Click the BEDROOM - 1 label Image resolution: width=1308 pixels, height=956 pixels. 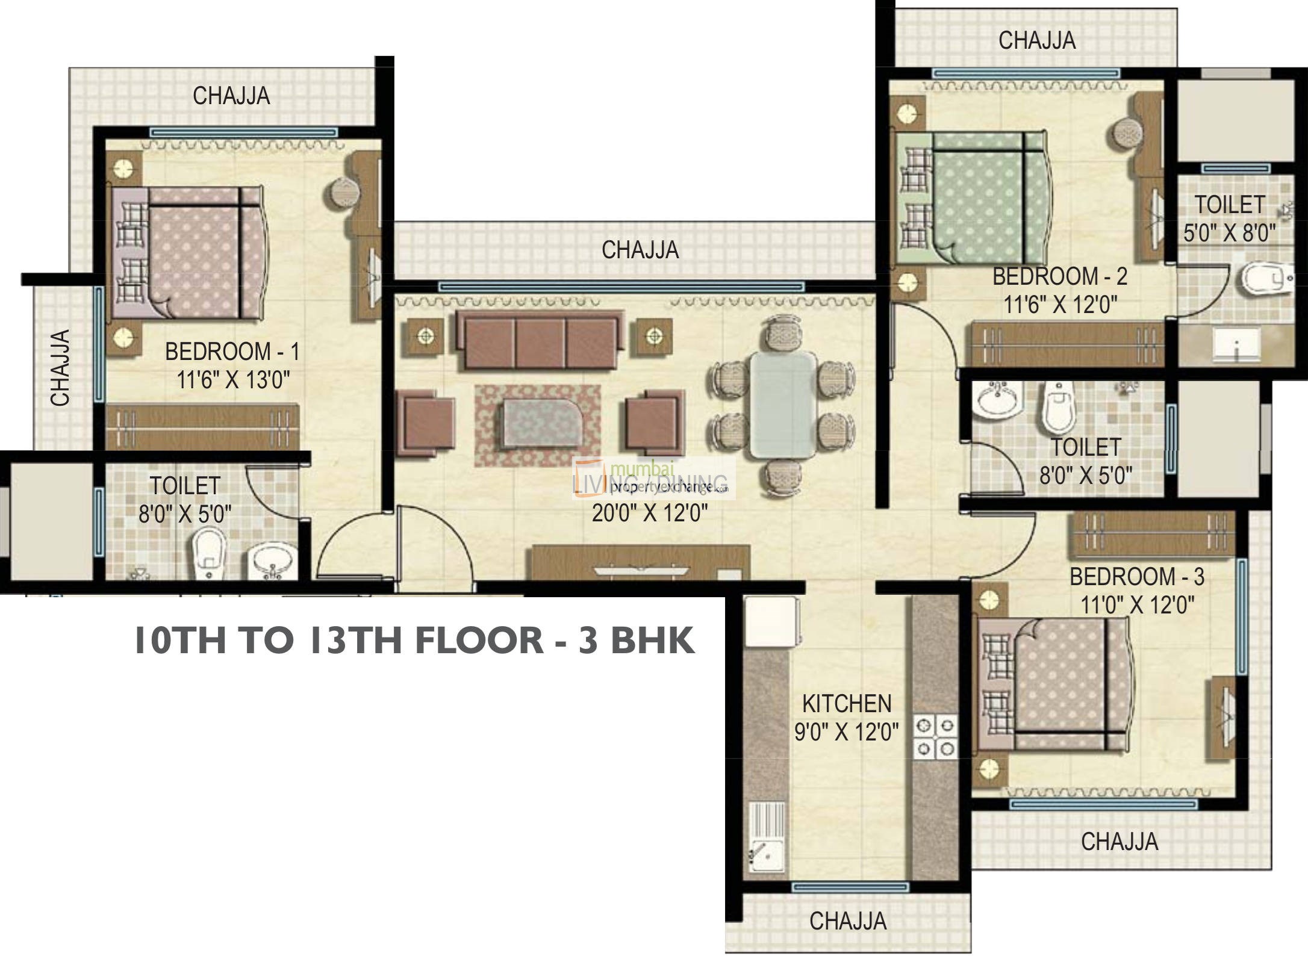point(232,351)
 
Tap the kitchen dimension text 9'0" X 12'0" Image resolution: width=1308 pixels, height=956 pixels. point(846,731)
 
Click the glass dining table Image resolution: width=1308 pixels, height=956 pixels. point(783,405)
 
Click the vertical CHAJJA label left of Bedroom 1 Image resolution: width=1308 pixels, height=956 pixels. point(61,367)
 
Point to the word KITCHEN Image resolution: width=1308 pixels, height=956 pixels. point(846,703)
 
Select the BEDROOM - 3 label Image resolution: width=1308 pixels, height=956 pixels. point(1136,576)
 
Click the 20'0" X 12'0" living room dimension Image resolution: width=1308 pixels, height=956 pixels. point(649,514)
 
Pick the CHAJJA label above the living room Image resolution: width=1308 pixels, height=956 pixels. point(640,249)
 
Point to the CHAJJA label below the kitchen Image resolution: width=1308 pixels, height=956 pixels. point(847,920)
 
